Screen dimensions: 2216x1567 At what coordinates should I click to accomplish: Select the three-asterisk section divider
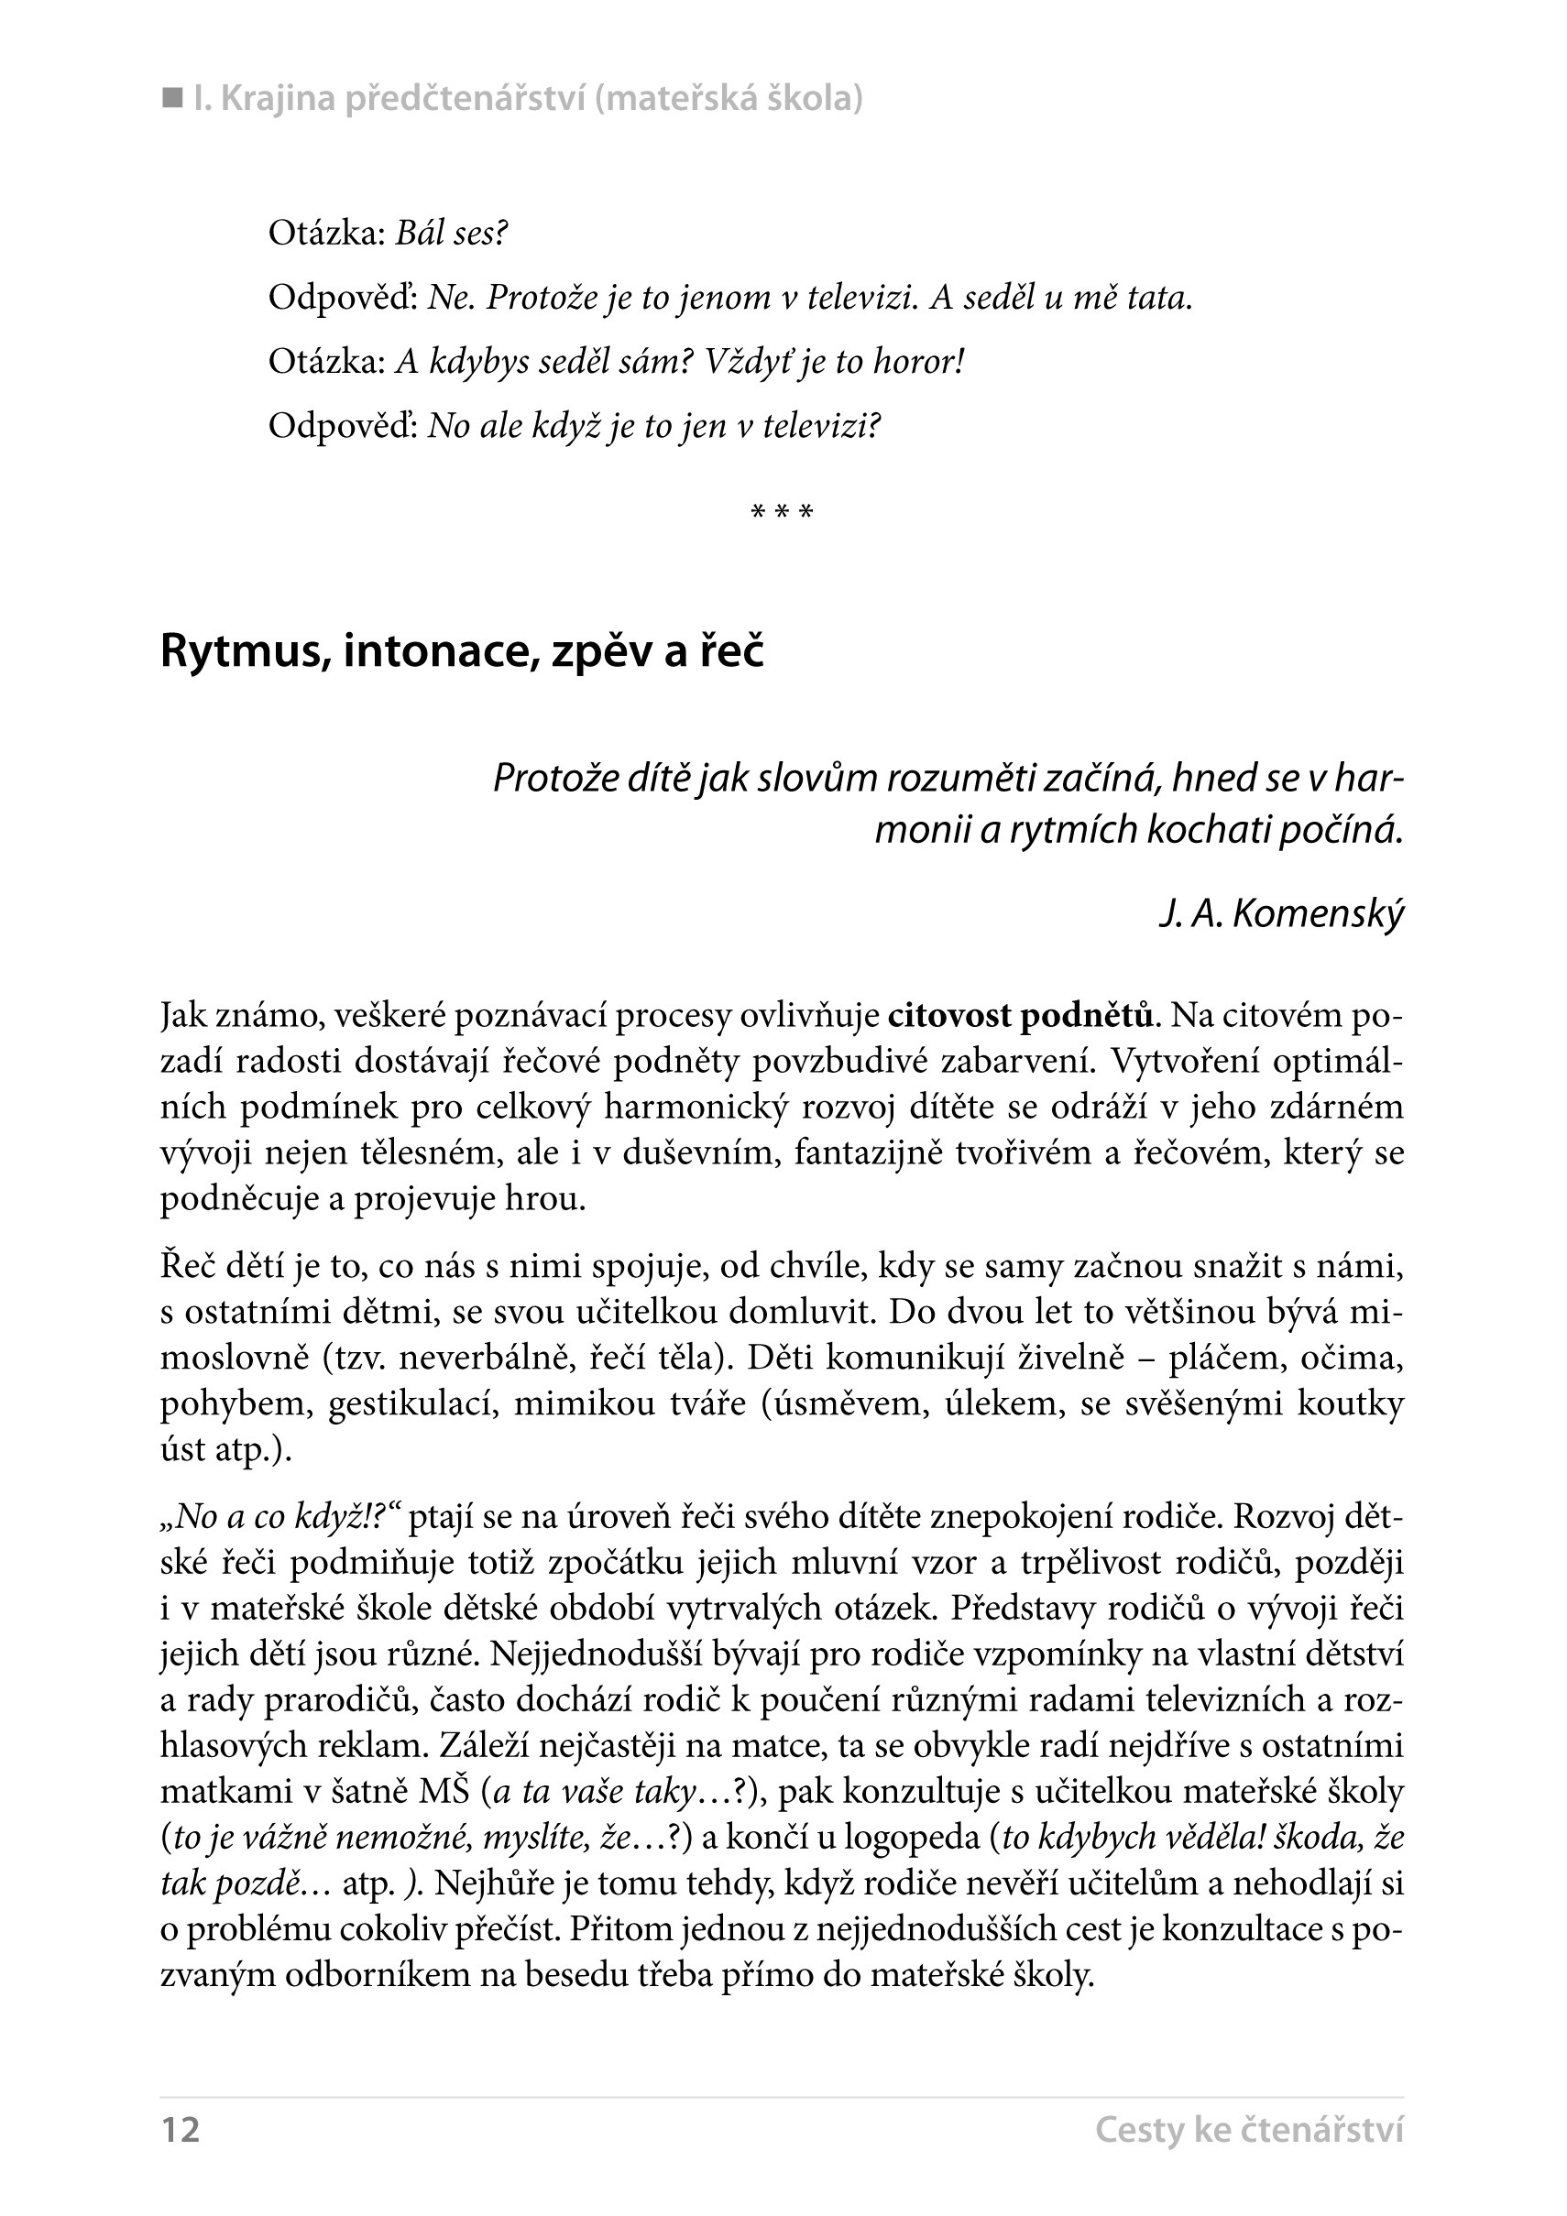pos(782,512)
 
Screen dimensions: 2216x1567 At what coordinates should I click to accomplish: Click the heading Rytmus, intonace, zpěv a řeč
pos(462,651)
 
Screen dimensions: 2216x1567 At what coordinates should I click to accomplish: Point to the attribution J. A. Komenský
pos(1281,913)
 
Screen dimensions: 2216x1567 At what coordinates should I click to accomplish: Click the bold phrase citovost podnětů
pos(1021,1016)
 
